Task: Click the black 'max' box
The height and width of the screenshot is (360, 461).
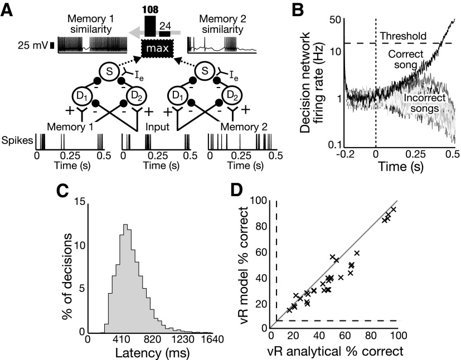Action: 157,49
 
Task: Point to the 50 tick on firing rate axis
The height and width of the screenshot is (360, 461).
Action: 334,20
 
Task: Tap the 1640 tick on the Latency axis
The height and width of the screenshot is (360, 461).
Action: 212,339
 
